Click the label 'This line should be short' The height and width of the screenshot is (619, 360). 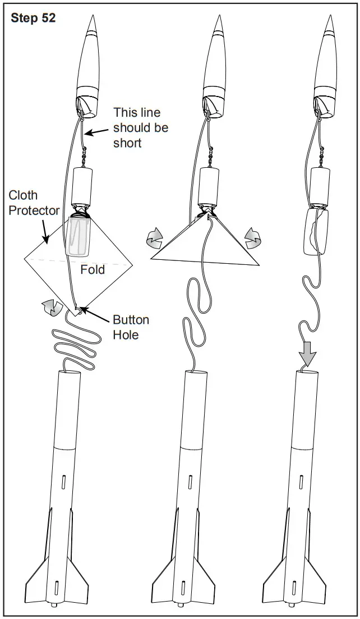tap(141, 127)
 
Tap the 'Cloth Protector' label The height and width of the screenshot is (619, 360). tap(34, 203)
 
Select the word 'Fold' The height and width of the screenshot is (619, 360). tap(92, 269)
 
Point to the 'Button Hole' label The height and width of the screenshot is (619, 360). tap(131, 327)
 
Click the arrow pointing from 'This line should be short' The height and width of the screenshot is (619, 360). tap(96, 131)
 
